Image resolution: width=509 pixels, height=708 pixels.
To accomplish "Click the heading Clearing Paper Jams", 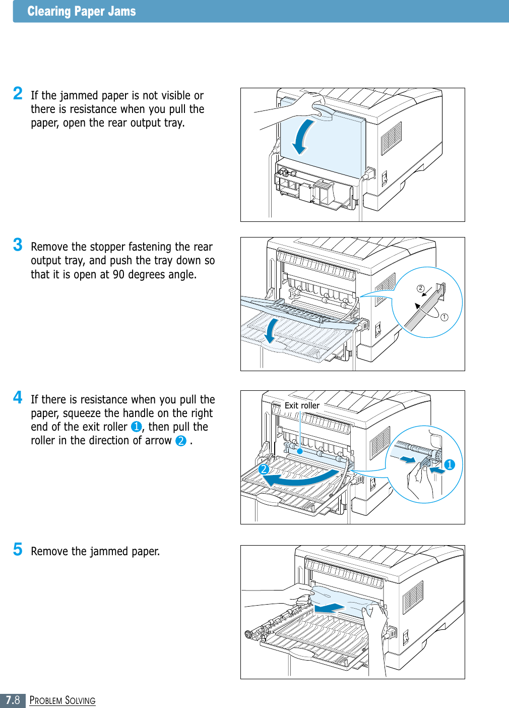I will [x=82, y=12].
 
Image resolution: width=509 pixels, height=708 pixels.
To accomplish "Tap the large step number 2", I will [x=18, y=93].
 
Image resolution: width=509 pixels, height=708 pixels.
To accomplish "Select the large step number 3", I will [x=18, y=245].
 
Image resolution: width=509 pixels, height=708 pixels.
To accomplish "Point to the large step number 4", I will [x=18, y=397].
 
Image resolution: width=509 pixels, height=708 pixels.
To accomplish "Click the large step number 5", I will [x=18, y=549].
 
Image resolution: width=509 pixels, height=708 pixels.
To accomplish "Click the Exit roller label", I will [x=302, y=405].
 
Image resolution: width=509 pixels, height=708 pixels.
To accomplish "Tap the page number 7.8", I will [x=13, y=700].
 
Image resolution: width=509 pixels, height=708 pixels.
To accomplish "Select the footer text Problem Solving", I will [x=62, y=700].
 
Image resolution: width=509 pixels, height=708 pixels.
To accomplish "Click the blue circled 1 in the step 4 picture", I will [x=450, y=464].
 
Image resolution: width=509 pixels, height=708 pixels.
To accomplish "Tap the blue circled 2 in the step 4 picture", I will [x=263, y=469].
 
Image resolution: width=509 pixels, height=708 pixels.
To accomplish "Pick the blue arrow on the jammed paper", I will [x=330, y=608].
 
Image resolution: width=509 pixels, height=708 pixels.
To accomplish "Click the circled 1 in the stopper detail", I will [x=444, y=317].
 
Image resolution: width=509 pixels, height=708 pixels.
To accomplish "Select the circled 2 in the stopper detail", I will [x=420, y=288].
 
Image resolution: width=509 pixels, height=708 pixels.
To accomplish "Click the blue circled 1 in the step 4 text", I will [x=136, y=427].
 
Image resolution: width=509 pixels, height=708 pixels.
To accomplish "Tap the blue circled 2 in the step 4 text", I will [x=181, y=441].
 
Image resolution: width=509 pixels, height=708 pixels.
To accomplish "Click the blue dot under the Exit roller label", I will [x=300, y=451].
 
